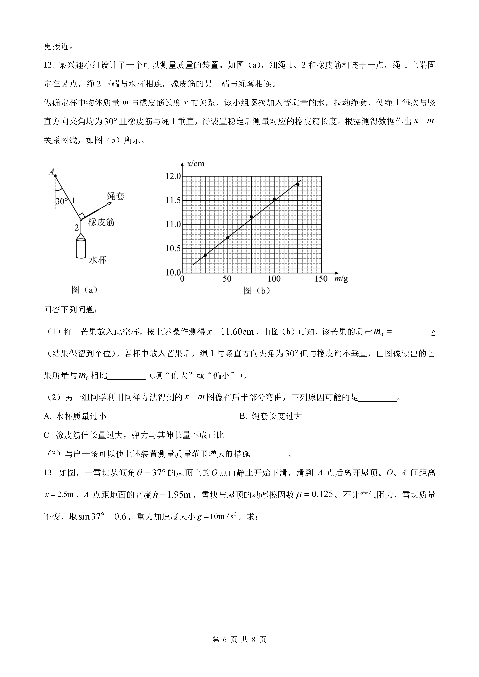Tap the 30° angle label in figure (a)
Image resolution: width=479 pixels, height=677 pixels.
(62, 201)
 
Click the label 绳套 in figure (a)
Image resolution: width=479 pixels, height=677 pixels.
(116, 196)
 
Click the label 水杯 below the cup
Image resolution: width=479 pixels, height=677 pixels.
(98, 260)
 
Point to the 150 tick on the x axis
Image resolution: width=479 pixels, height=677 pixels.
(321, 279)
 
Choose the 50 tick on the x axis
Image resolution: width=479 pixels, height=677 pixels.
(227, 279)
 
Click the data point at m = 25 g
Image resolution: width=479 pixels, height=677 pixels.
(205, 255)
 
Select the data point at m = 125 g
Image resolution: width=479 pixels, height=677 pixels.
(298, 184)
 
